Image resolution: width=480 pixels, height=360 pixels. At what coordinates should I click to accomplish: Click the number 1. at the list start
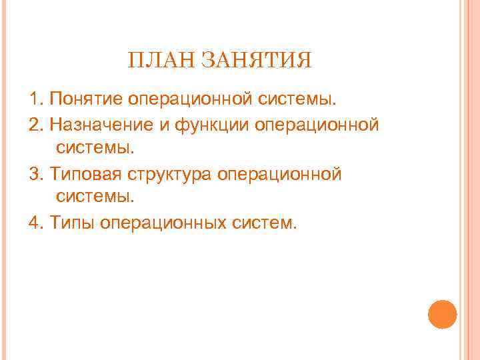click(36, 100)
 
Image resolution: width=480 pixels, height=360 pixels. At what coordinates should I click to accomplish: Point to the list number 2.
click(36, 125)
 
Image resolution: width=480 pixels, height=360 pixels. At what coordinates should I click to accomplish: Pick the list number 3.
click(36, 174)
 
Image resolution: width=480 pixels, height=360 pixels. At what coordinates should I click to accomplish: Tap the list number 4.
click(36, 223)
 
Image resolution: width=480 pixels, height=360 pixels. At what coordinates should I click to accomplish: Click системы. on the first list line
click(298, 100)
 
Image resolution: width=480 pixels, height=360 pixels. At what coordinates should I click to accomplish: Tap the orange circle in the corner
click(441, 314)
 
